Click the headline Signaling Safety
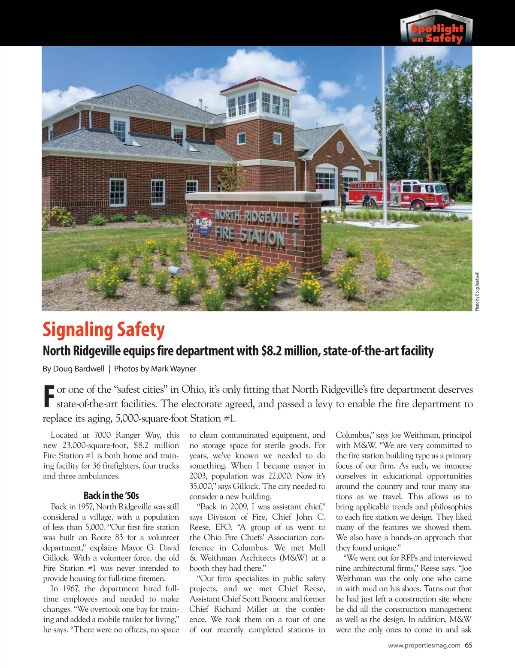click(x=103, y=330)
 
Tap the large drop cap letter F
click(x=49, y=397)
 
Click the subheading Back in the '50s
click(x=111, y=496)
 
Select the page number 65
click(x=468, y=645)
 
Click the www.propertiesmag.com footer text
click(x=424, y=645)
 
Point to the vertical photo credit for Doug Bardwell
click(x=478, y=292)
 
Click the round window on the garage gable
click(x=340, y=147)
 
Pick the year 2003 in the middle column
click(x=198, y=476)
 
